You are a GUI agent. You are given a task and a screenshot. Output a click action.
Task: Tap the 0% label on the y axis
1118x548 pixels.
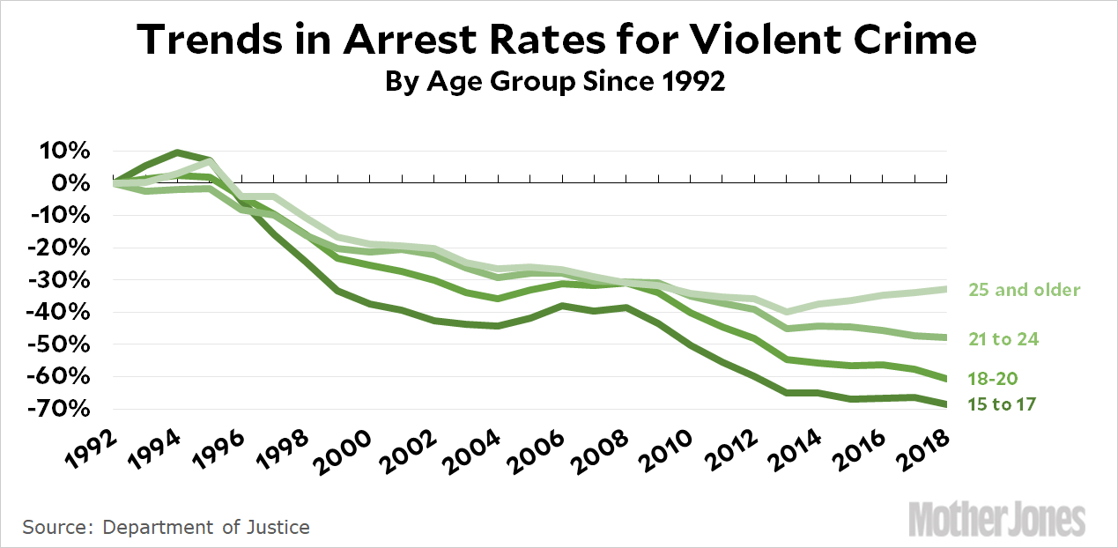(71, 183)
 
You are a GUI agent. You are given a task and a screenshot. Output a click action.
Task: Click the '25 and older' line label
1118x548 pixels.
(1024, 289)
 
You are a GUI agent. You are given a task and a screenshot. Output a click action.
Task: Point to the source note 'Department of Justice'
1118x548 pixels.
(206, 528)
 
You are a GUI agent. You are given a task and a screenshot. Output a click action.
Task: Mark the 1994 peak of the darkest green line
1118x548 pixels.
(178, 152)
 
